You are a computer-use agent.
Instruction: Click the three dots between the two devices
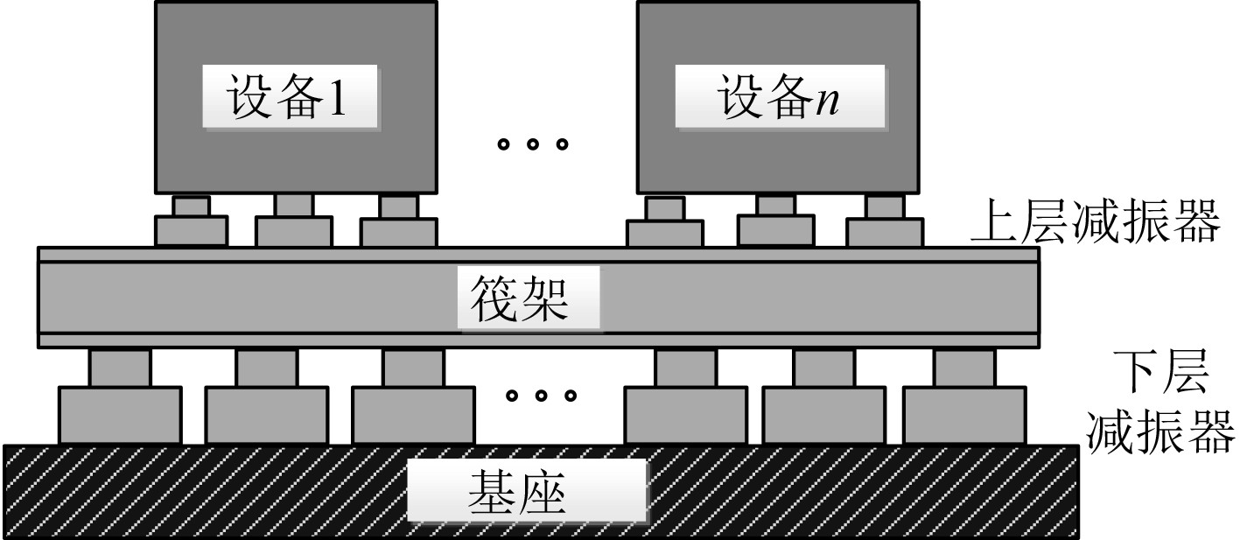tap(532, 144)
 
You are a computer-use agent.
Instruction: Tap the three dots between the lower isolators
tap(542, 396)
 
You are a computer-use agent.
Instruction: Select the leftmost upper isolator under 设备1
tap(191, 222)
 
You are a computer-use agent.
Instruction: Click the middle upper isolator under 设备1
tap(293, 222)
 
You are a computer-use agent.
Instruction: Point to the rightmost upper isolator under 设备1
tap(398, 222)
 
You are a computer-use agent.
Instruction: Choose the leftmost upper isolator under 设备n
tap(665, 224)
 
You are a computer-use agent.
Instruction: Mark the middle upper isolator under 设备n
tap(775, 222)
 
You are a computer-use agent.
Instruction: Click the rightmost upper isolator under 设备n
tap(884, 222)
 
